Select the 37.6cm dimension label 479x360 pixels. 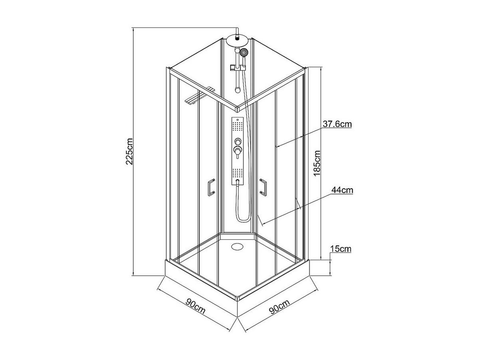tap(337, 124)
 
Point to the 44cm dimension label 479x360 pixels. tap(342, 191)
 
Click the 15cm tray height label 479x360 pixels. tap(340, 249)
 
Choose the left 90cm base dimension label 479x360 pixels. tap(196, 307)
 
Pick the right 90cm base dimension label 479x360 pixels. tap(279, 308)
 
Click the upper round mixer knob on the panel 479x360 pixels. tap(238, 141)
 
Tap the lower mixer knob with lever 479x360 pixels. tap(238, 151)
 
